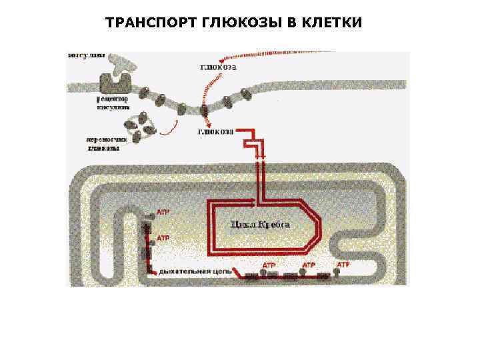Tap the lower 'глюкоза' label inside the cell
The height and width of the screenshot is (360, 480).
coord(215,132)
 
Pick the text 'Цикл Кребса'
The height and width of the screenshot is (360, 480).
coord(260,225)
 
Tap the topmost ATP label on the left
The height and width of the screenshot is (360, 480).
coord(163,212)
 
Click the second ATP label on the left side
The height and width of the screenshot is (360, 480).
coord(163,237)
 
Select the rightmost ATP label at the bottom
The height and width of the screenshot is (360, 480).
coord(343,265)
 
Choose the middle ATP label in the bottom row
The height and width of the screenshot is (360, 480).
coord(309,265)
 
